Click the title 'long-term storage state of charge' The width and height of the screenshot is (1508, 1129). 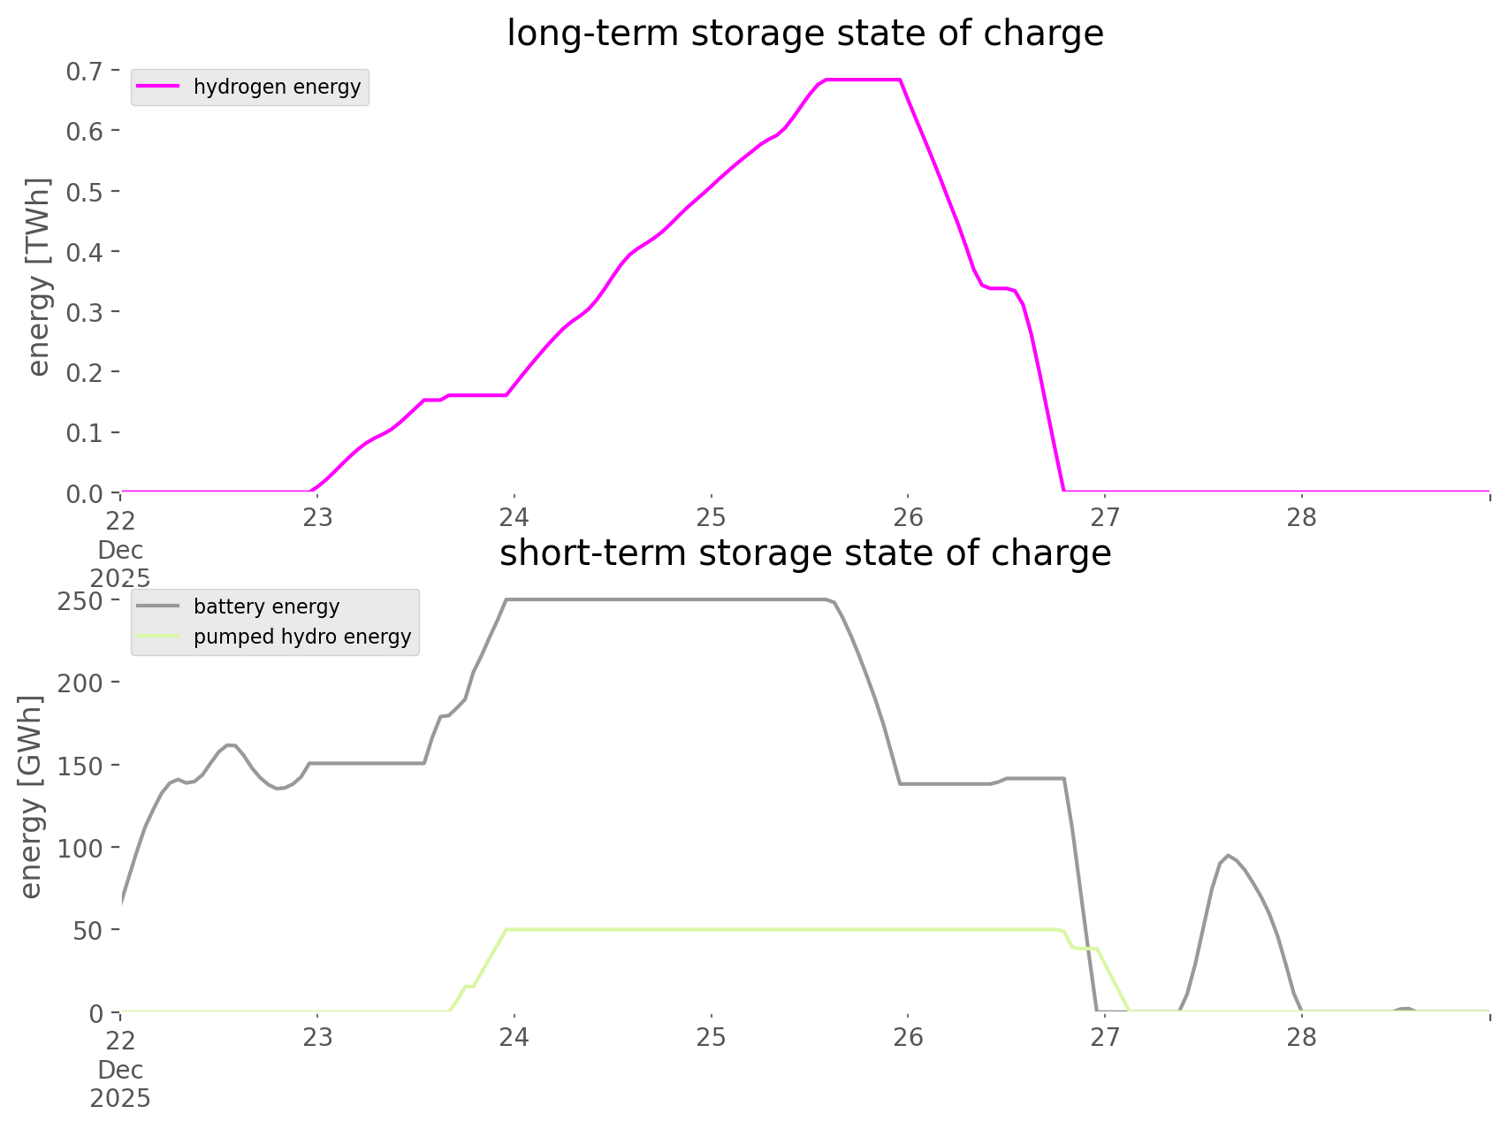(x=804, y=34)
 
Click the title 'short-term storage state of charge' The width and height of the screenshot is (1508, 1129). (x=804, y=553)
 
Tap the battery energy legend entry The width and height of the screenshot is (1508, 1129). (x=266, y=606)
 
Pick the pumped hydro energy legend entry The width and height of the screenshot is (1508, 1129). (x=301, y=637)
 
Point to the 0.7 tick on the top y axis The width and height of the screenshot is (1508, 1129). (x=84, y=71)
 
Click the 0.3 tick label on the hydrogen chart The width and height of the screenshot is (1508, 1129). (x=84, y=312)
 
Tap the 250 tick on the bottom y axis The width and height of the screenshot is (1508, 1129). (x=79, y=601)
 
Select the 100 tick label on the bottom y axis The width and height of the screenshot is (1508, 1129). (x=79, y=848)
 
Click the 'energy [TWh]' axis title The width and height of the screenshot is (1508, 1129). (x=38, y=277)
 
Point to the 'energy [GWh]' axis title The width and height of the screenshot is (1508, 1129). (x=31, y=797)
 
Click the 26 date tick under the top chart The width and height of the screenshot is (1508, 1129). (x=908, y=517)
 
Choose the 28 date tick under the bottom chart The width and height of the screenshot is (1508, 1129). (x=1301, y=1037)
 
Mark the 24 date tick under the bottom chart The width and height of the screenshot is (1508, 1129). (x=514, y=1037)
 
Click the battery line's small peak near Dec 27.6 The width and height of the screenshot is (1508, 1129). (x=1228, y=856)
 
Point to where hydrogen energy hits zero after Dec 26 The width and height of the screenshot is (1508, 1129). (x=1063, y=490)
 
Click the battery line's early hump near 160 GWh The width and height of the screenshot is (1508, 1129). (x=231, y=744)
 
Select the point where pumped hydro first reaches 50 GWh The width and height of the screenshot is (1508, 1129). (x=506, y=930)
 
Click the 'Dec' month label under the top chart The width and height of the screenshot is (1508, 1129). (x=120, y=550)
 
